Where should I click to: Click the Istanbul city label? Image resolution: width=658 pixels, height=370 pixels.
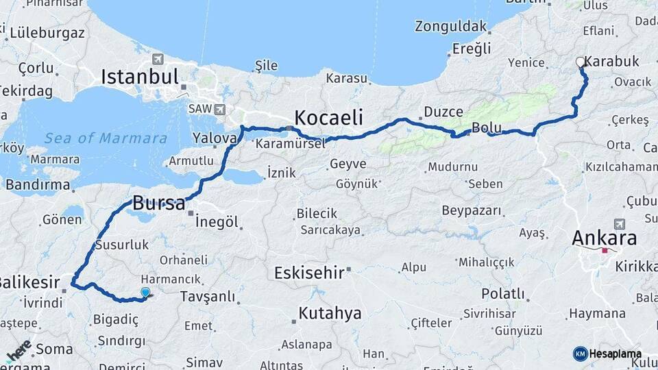point(140,76)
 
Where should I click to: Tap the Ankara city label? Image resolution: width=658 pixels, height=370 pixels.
point(604,238)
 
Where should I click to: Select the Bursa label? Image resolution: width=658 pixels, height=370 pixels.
point(158,203)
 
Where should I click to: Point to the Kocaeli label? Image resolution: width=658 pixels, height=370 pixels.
point(328,116)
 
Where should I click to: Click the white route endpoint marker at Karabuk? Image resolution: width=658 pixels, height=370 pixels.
point(581,62)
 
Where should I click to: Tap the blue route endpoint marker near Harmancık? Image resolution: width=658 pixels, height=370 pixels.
point(145,293)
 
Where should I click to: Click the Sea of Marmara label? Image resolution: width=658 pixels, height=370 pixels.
point(106,138)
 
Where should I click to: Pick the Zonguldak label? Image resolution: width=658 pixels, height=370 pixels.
point(450,27)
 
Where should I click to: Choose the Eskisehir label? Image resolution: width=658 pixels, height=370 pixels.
point(308,273)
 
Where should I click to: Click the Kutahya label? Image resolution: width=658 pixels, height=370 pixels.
point(330,314)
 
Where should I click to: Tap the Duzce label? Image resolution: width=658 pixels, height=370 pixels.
point(443,112)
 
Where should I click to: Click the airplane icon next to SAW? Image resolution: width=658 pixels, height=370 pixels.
point(219,109)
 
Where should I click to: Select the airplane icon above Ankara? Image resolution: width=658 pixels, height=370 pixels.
point(620,223)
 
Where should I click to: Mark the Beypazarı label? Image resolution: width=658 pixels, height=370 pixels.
point(472,210)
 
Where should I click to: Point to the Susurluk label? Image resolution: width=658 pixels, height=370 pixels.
point(122,244)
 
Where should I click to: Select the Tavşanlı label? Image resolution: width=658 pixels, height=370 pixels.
point(206,297)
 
